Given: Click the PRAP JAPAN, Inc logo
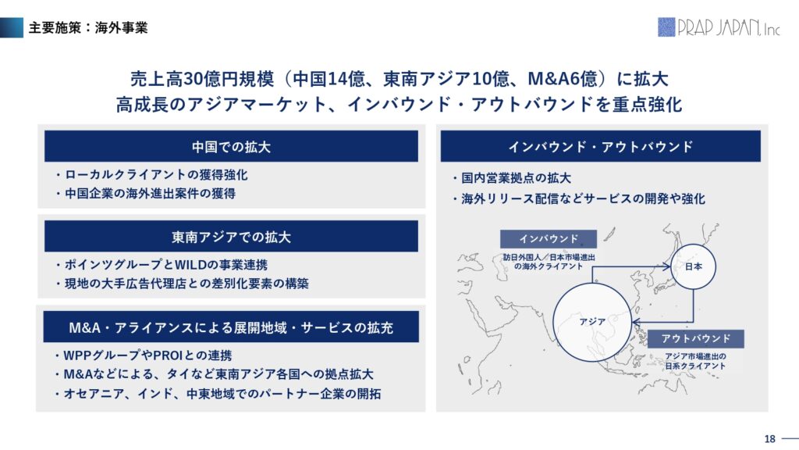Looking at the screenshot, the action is point(719,27).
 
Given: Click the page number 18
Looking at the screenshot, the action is point(769,439).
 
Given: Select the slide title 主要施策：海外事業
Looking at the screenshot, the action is point(88,27).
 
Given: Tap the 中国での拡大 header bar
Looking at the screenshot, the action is point(231,146).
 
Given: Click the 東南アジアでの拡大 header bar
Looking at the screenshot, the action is point(231,236).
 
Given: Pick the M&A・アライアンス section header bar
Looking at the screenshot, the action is point(231,327).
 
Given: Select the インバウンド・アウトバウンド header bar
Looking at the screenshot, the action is point(600,146).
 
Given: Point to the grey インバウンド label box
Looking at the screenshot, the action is point(549,239).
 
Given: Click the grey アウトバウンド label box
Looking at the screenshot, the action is point(695,338).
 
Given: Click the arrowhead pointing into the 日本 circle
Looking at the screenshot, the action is point(666,266).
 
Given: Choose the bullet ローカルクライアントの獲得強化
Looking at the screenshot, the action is point(151,175).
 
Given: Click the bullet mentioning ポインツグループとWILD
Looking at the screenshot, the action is point(161,265).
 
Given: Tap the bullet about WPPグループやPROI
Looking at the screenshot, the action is point(143,355).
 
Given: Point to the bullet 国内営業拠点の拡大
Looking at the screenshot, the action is point(511,178).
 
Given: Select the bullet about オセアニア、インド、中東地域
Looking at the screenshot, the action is point(218,394).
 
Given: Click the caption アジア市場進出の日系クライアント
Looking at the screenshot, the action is point(695,361).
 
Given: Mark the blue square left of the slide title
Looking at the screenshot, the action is point(12,27).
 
